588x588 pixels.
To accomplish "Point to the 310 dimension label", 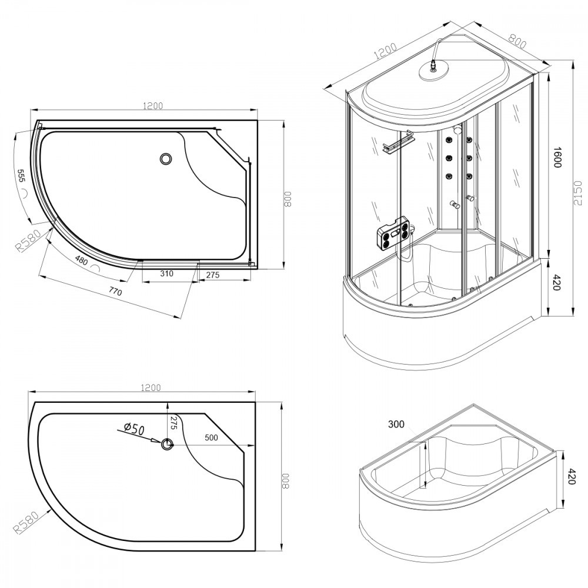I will click(167, 274).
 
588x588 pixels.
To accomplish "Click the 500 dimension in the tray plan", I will click(211, 437).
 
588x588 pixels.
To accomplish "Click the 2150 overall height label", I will click(578, 192).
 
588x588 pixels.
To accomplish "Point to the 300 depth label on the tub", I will click(396, 425).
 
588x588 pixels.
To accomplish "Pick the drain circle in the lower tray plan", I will click(168, 444).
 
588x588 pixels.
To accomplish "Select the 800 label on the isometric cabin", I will click(517, 41).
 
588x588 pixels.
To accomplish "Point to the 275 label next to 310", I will click(212, 274).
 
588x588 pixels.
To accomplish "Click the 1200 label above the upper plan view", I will click(152, 106).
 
